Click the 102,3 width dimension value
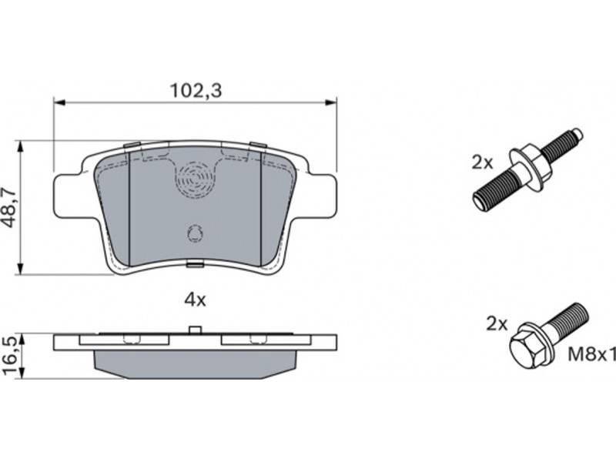tap(196, 90)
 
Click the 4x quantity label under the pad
tap(196, 300)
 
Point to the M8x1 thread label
tap(591, 355)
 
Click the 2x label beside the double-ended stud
tap(482, 162)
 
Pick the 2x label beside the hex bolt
tap(497, 324)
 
